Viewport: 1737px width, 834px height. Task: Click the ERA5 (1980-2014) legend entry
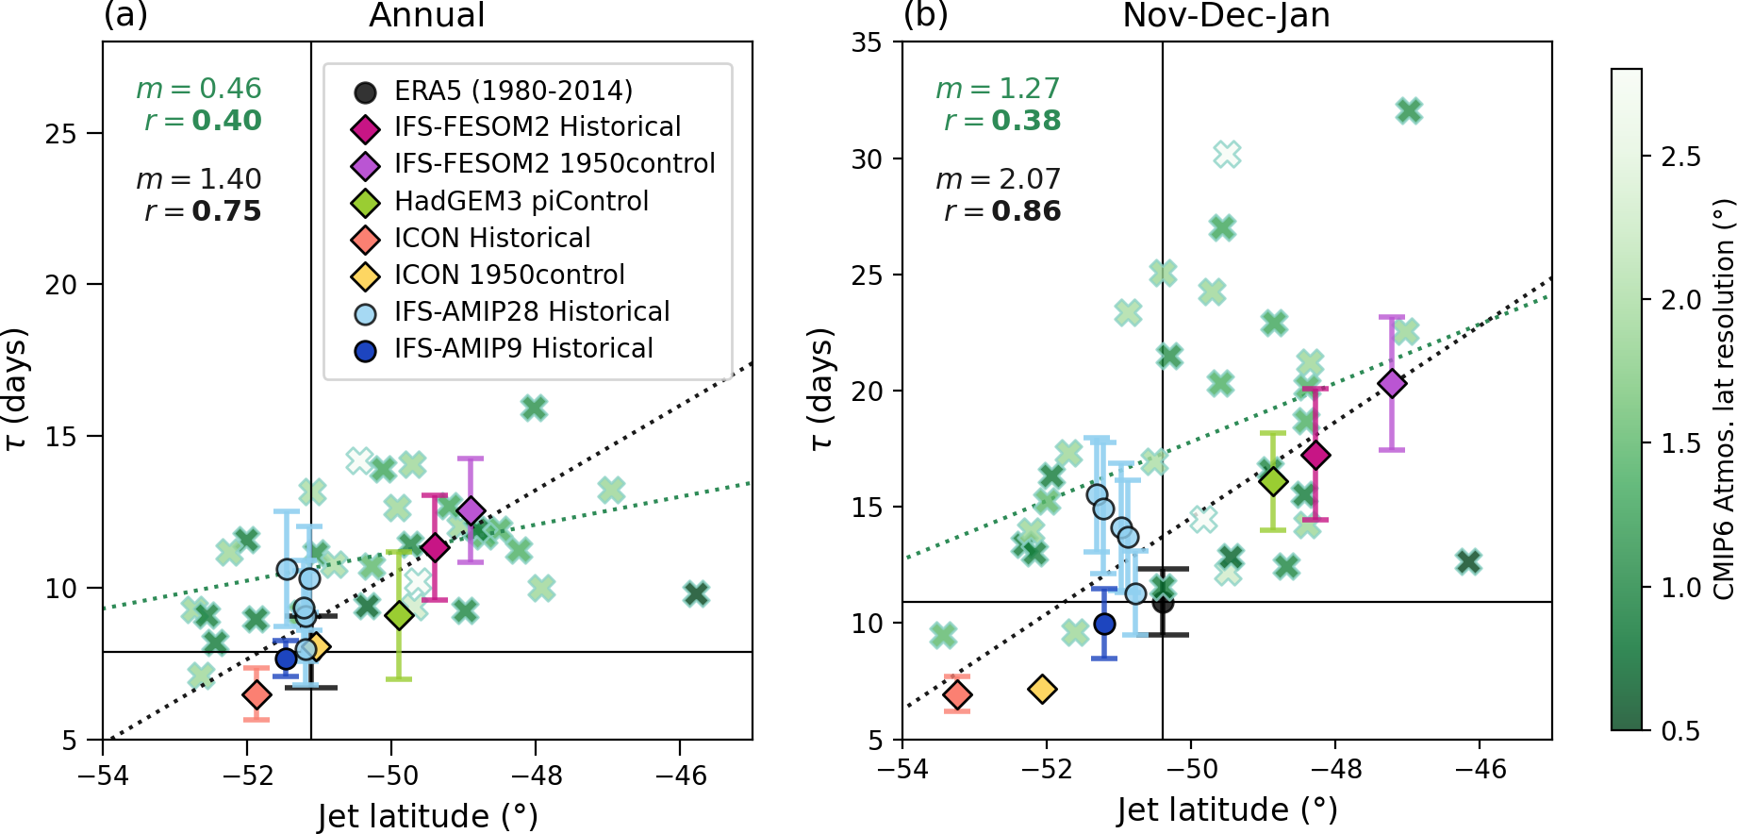click(513, 91)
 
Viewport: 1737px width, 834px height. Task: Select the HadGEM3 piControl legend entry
click(521, 201)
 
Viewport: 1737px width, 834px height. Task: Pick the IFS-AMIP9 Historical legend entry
click(523, 349)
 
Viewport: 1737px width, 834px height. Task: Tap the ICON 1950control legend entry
click(509, 275)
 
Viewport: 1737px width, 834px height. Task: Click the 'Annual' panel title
click(426, 16)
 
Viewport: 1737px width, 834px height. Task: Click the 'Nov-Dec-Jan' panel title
click(1226, 16)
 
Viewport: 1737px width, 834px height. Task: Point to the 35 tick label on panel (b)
click(867, 42)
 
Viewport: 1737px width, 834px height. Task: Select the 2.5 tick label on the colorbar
click(1681, 157)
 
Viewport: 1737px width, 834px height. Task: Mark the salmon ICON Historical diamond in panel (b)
click(958, 695)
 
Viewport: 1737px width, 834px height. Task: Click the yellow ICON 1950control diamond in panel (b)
click(1042, 690)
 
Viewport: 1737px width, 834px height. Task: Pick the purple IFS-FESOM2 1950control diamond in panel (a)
click(471, 511)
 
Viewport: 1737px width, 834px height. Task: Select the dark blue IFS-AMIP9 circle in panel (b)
click(1104, 625)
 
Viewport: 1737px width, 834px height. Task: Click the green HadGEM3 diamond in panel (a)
click(399, 616)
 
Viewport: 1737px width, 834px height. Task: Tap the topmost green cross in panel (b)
click(1409, 111)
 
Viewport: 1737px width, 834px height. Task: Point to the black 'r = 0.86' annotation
click(1002, 211)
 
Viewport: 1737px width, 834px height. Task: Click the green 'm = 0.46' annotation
click(199, 89)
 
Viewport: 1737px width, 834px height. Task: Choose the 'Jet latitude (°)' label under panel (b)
click(1227, 810)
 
